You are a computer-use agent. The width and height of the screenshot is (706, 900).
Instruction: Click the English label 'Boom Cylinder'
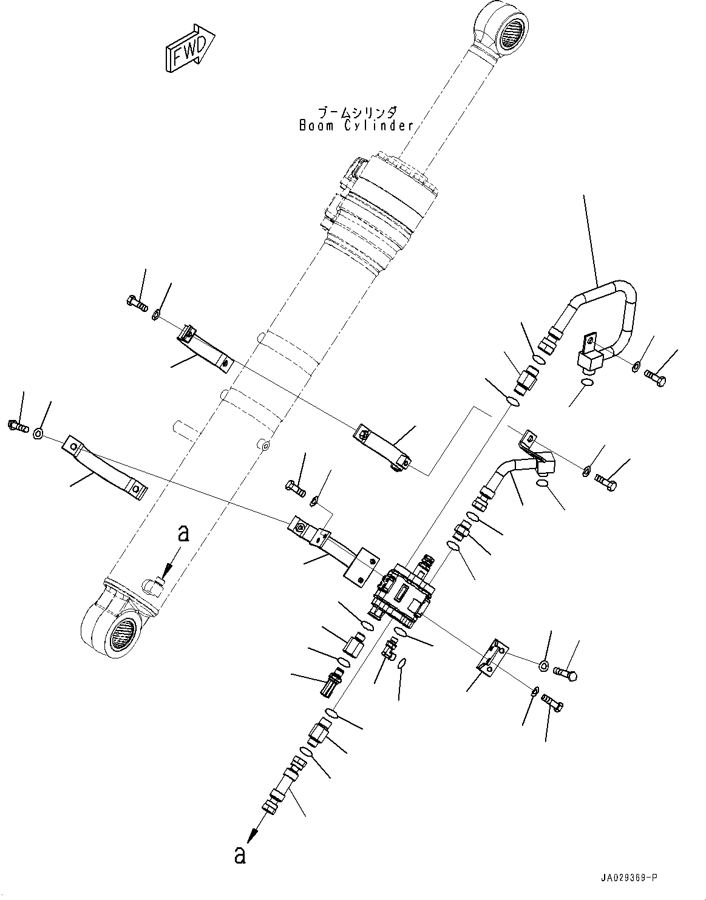356,126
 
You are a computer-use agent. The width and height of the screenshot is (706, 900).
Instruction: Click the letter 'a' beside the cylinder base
183,533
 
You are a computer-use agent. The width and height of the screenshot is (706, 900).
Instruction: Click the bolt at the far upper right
656,379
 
